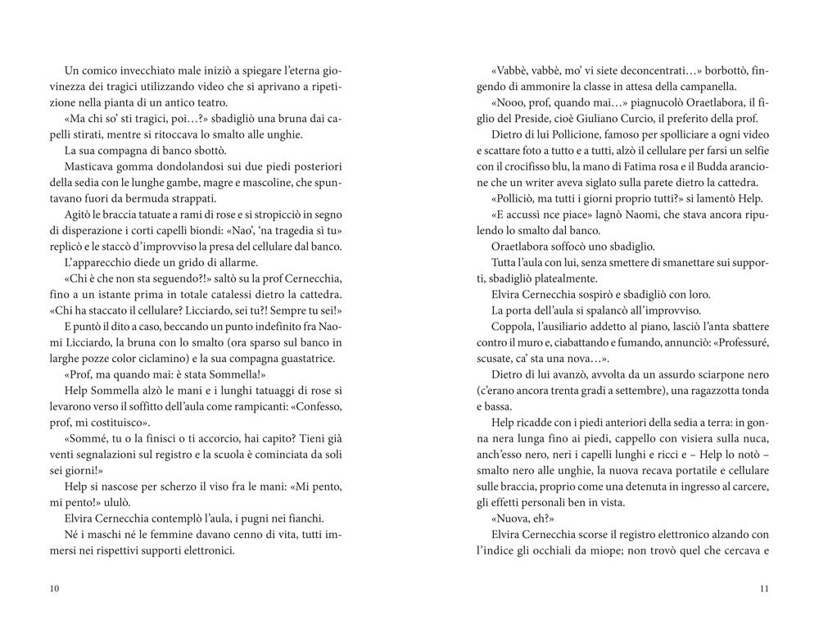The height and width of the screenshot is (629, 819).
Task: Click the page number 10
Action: [x=54, y=588]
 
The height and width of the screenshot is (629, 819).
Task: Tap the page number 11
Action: [x=764, y=588]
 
